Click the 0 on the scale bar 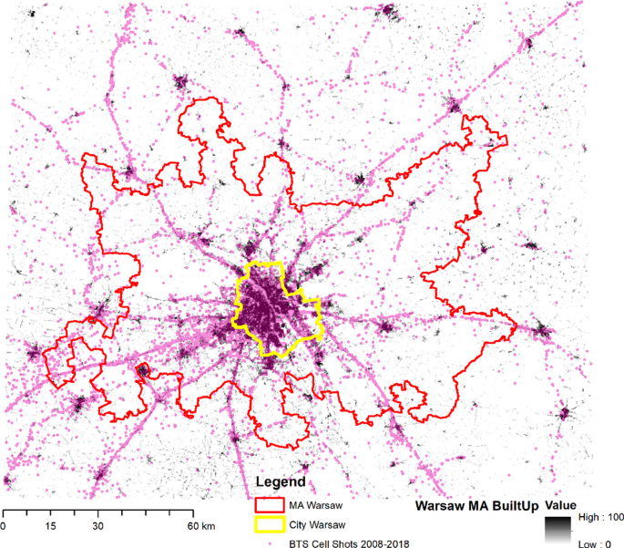click(x=4, y=526)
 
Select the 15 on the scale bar click(x=49, y=526)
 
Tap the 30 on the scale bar click(x=97, y=526)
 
